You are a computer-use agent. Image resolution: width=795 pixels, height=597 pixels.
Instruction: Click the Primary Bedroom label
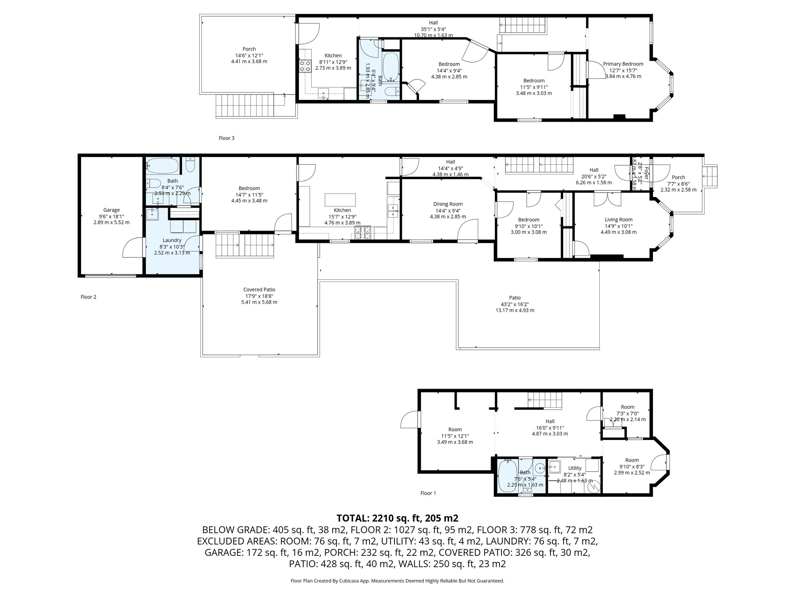tap(623, 64)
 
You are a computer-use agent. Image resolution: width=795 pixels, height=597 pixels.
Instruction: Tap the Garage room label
tap(111, 210)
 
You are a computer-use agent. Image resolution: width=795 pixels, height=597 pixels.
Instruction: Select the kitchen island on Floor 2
tap(340, 200)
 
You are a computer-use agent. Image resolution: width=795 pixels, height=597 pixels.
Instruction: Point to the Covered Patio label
tap(259, 290)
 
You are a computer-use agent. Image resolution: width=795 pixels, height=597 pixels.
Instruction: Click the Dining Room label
tap(448, 204)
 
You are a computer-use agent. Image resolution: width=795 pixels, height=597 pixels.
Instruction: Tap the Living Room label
tap(618, 220)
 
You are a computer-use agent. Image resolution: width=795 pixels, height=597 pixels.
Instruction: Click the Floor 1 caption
tap(428, 493)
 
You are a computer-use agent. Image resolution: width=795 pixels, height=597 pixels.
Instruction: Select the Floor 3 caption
tap(226, 138)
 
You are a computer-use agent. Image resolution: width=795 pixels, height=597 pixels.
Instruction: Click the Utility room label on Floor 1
tap(575, 468)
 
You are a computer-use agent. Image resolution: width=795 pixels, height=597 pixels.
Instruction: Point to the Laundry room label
tap(172, 240)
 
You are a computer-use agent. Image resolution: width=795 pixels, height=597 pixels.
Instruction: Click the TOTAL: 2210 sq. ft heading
tap(397, 518)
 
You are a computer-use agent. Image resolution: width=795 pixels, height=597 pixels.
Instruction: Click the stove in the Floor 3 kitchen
tap(305, 66)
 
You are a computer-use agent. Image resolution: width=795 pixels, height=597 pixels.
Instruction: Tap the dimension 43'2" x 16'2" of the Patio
tap(515, 304)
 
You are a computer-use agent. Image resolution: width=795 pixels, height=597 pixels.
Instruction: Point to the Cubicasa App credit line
tap(397, 581)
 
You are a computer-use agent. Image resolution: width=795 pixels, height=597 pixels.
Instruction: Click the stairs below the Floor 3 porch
tap(245, 106)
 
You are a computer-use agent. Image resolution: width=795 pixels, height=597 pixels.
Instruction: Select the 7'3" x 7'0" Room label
tap(627, 407)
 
